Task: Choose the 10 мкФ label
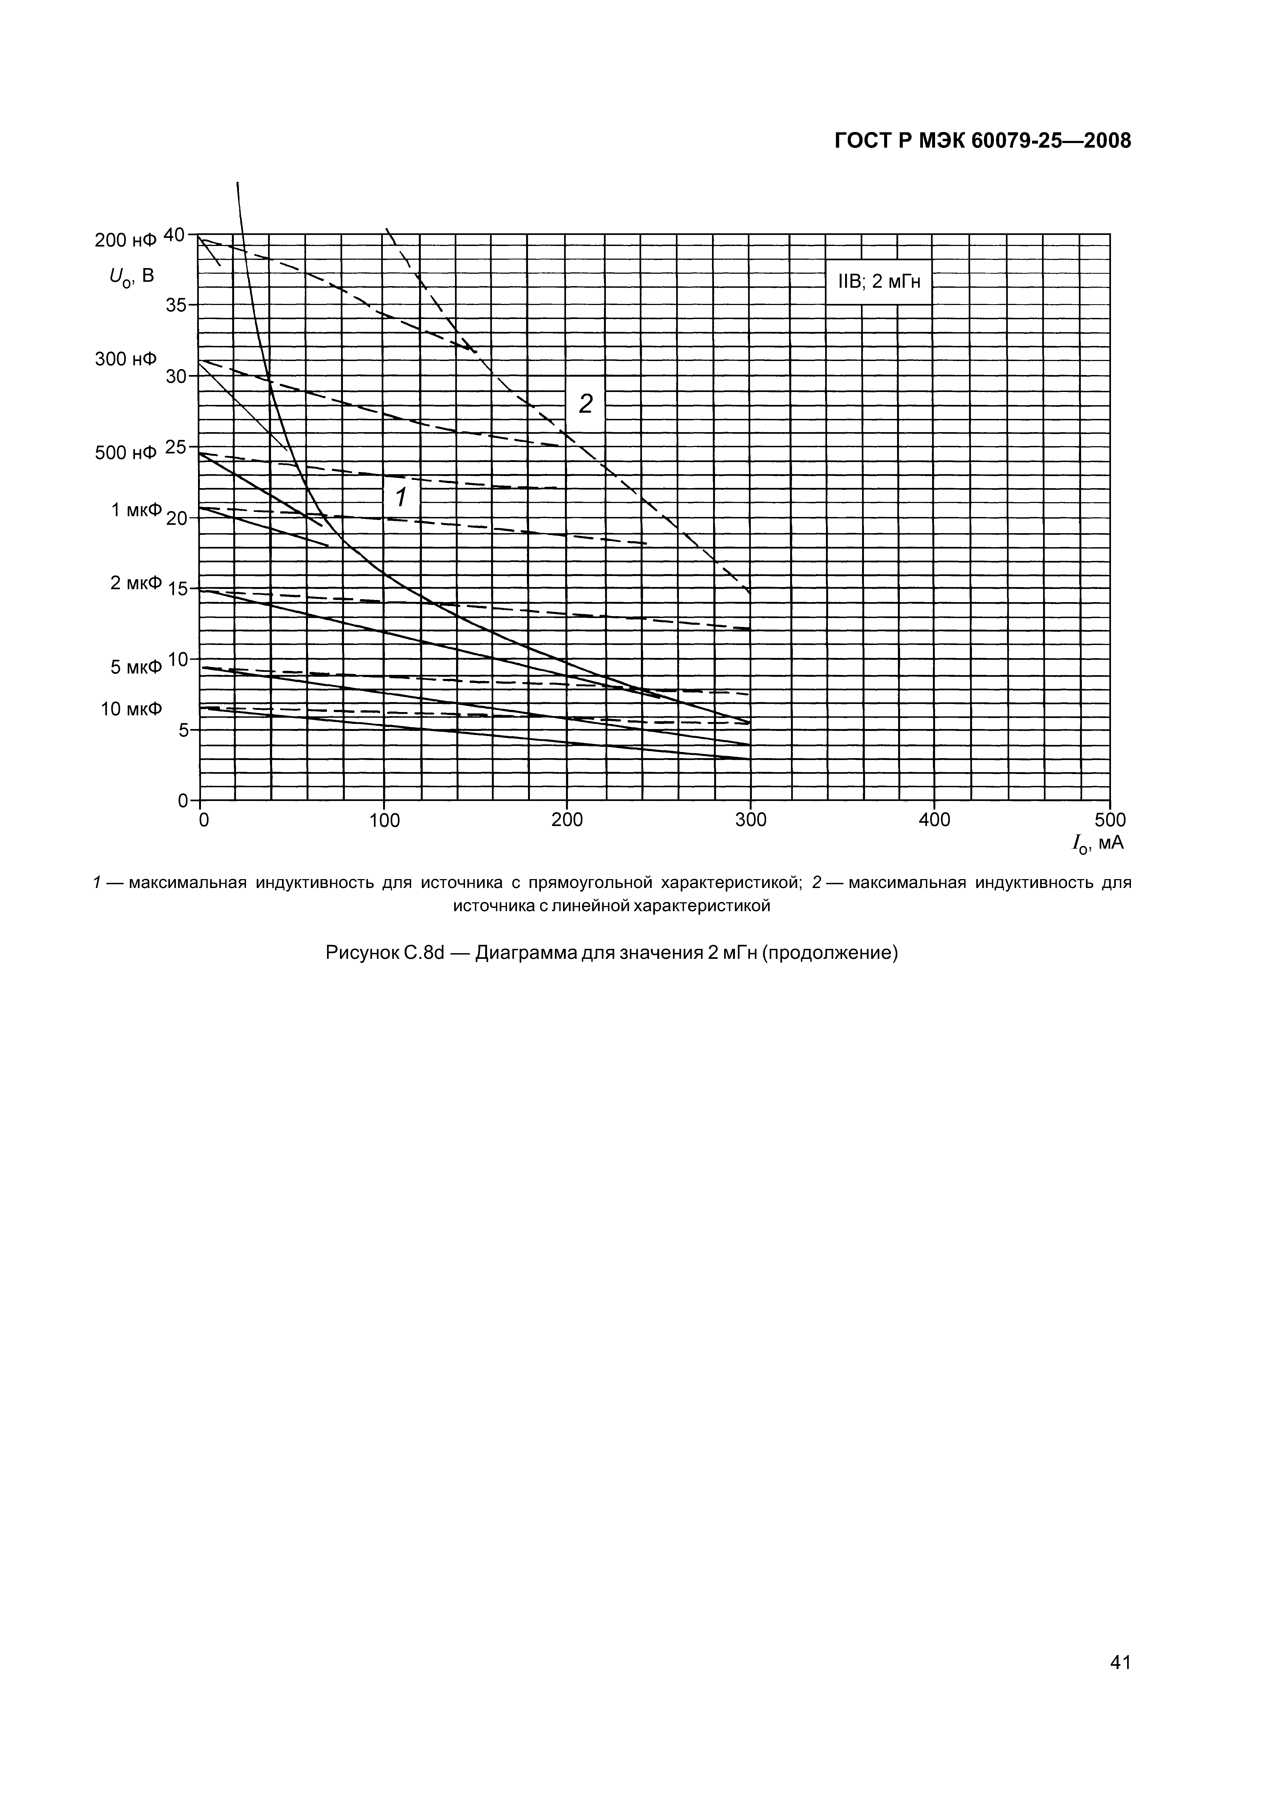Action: [131, 709]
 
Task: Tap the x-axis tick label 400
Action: [934, 820]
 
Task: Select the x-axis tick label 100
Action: [385, 820]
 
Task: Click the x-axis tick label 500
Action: [1110, 820]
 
